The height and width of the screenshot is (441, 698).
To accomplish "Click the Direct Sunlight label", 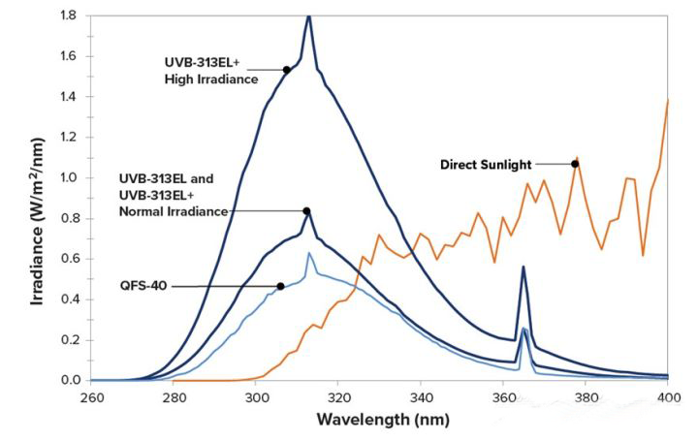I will (485, 164).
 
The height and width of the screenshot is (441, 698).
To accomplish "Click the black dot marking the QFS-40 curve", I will (280, 286).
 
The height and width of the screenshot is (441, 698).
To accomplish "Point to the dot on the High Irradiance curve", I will (287, 70).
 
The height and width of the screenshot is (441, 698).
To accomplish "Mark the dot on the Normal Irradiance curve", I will (306, 211).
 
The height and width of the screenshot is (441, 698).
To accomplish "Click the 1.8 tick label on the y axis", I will (69, 16).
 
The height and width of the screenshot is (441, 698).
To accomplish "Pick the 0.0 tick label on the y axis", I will (69, 380).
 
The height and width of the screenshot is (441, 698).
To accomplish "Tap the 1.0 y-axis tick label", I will (69, 177).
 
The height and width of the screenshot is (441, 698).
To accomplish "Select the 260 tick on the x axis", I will (92, 397).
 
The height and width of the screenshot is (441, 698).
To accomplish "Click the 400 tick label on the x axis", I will (668, 397).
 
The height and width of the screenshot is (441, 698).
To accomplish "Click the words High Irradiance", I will (211, 79).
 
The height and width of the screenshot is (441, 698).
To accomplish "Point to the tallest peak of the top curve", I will (308, 16).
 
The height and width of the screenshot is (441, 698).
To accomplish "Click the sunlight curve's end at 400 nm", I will (668, 100).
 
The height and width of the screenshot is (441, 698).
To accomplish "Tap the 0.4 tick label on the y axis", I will (69, 299).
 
